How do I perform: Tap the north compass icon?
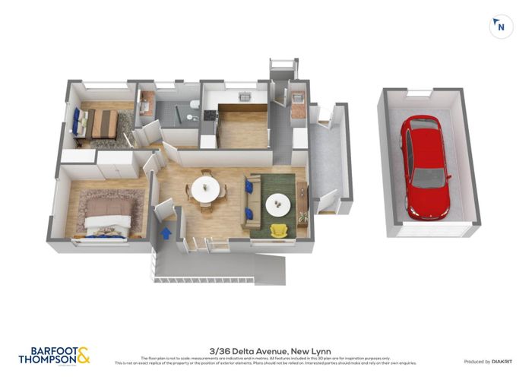coord(499,27)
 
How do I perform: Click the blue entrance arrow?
coord(166,232)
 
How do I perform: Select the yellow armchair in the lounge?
coord(279,229)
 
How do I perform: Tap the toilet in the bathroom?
coord(195,104)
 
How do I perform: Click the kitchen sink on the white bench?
coord(245,97)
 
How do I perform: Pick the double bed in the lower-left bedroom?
coord(106,214)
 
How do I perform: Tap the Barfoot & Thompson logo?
coord(53,355)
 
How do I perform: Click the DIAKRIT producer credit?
coord(502,361)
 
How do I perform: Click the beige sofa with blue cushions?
coord(249,202)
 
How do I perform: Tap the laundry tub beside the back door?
coord(299,98)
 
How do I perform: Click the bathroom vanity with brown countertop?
coord(147,103)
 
